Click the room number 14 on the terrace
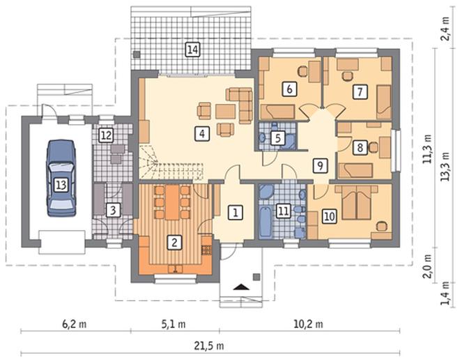tap(192, 50)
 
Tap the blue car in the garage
tap(61, 178)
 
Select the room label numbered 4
tap(202, 134)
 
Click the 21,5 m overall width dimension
tap(209, 345)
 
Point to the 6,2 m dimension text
tap(74, 324)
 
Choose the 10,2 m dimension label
tap(309, 324)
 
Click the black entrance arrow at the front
tap(241, 287)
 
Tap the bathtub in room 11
tap(266, 221)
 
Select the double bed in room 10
tap(356, 202)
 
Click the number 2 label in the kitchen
tap(174, 243)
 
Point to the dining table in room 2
tap(172, 202)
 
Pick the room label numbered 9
tap(320, 165)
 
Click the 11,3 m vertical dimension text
tap(428, 149)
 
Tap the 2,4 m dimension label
tap(445, 29)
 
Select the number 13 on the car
tap(61, 186)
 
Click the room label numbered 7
tap(360, 92)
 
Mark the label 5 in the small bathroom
tap(278, 138)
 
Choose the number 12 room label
tap(106, 135)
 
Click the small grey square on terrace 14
tap(137, 54)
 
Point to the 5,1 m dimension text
tap(174, 324)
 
